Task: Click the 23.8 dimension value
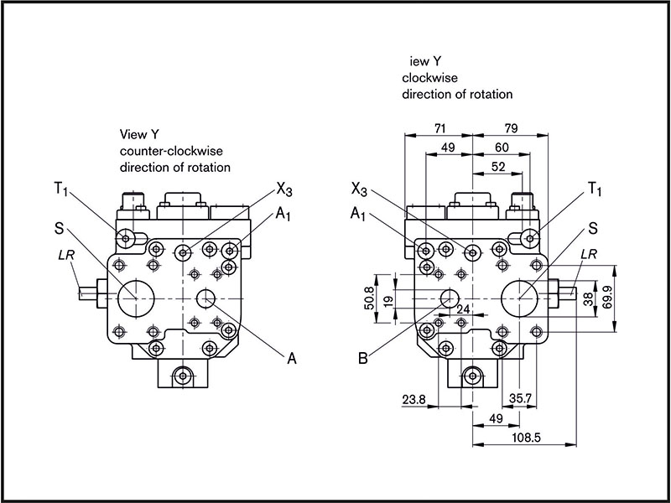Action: (x=415, y=400)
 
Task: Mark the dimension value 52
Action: (x=497, y=167)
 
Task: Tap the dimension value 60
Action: (x=502, y=148)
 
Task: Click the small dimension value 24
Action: (x=462, y=309)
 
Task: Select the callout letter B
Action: (x=362, y=360)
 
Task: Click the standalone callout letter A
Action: (x=292, y=358)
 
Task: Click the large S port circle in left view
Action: (x=133, y=297)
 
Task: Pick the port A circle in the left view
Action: (x=205, y=298)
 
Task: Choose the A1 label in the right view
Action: (x=359, y=215)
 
